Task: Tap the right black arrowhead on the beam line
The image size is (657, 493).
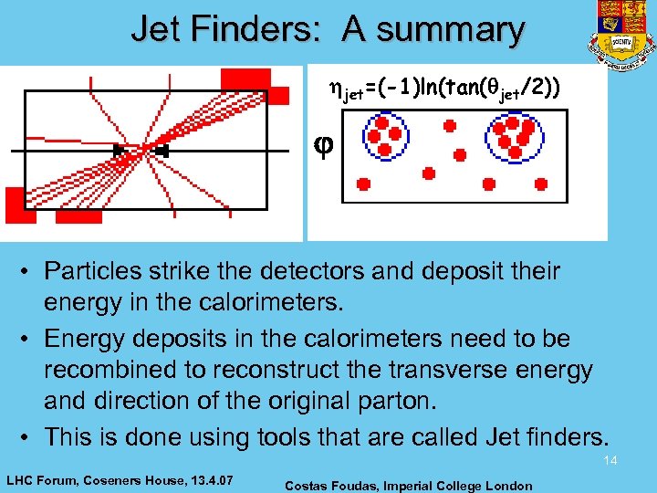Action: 162,150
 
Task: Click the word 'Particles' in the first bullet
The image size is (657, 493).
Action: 95,271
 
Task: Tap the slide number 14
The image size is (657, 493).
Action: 610,460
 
